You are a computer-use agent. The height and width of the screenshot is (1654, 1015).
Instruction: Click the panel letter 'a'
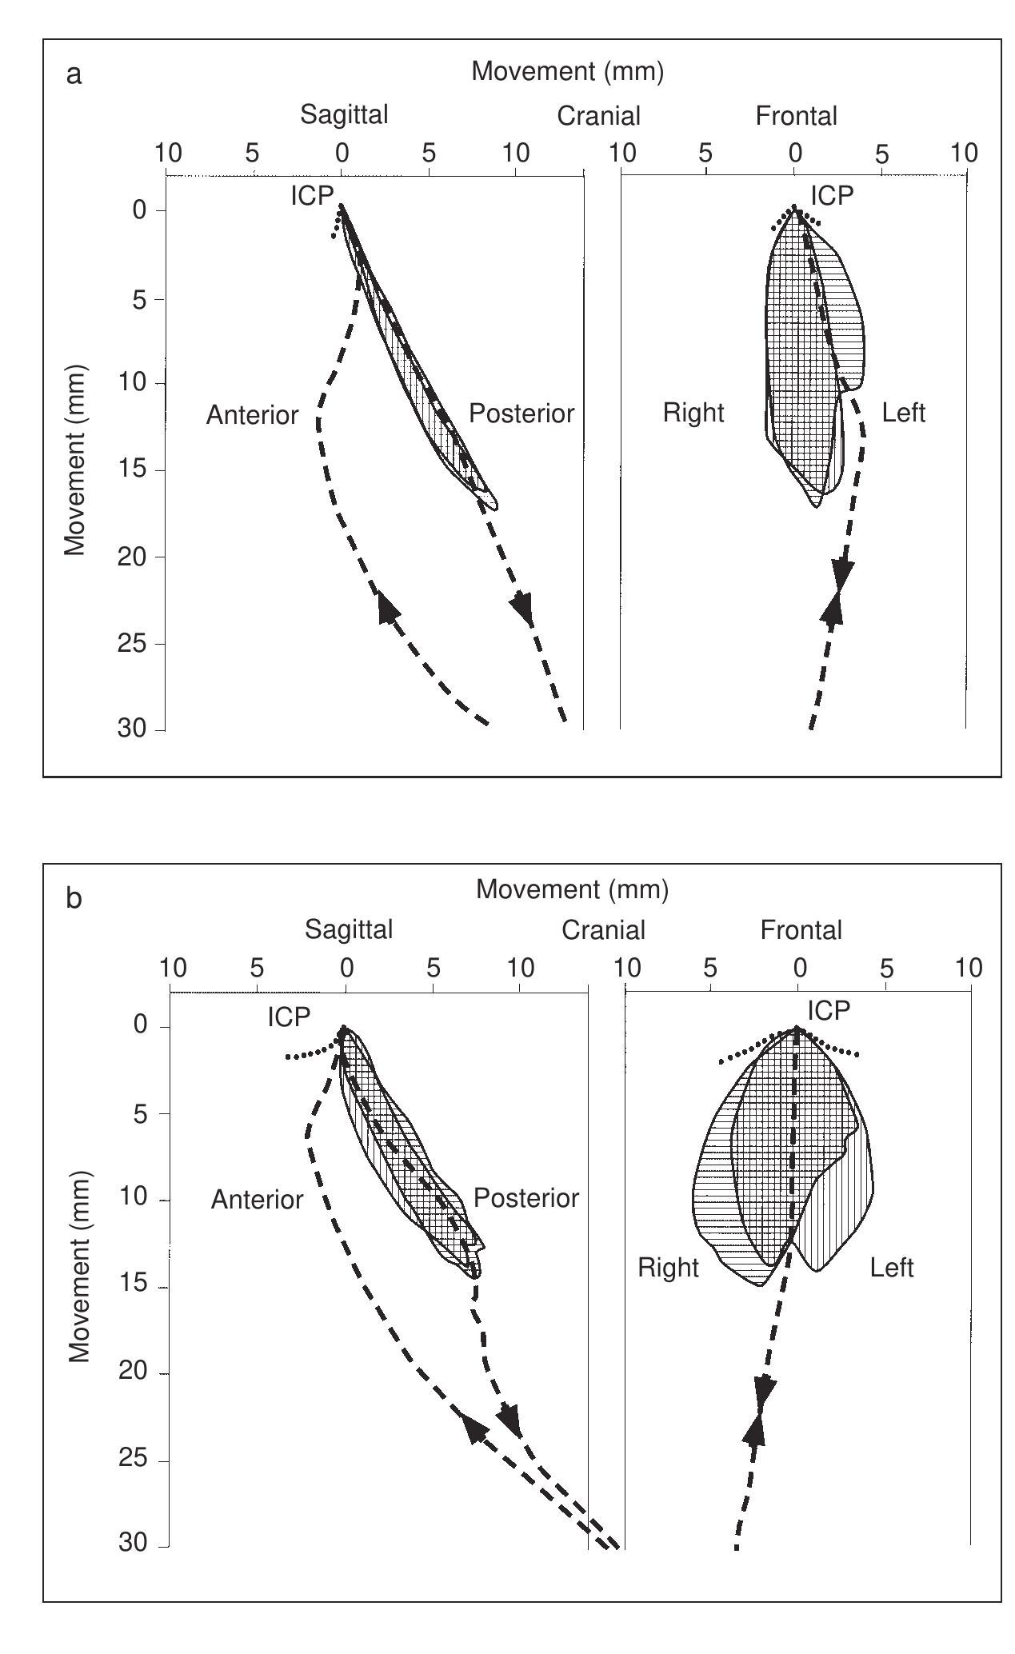[x=74, y=75]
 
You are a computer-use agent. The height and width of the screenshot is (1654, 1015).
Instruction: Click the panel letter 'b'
[x=74, y=899]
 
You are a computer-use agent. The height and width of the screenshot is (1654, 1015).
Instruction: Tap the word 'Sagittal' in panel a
[x=344, y=114]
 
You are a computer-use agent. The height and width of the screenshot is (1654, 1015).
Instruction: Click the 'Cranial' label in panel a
[x=598, y=116]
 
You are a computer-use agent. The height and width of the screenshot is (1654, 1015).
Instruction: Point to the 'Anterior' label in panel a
[x=252, y=415]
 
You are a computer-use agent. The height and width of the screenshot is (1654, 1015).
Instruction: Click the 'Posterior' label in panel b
[x=525, y=1198]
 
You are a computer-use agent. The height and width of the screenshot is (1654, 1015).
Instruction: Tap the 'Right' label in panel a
[x=693, y=413]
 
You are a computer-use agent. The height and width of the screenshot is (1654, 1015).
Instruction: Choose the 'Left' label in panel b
[x=891, y=1268]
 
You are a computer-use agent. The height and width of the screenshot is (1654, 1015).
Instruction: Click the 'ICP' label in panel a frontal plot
[x=832, y=195]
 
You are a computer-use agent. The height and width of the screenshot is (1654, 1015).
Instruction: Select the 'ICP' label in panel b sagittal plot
[x=289, y=1017]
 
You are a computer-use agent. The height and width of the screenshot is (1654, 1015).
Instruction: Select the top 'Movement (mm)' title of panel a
[x=567, y=71]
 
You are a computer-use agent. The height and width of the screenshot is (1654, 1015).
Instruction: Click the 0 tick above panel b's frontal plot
[x=798, y=969]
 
